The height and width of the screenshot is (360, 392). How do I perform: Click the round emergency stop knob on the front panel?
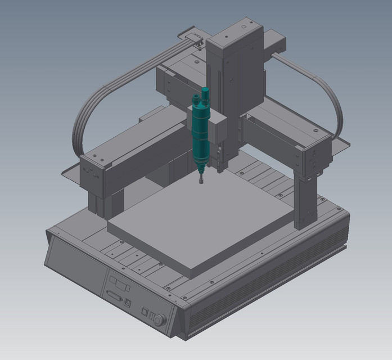(x=159, y=320)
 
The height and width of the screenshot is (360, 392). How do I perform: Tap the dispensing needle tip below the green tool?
(x=199, y=181)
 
